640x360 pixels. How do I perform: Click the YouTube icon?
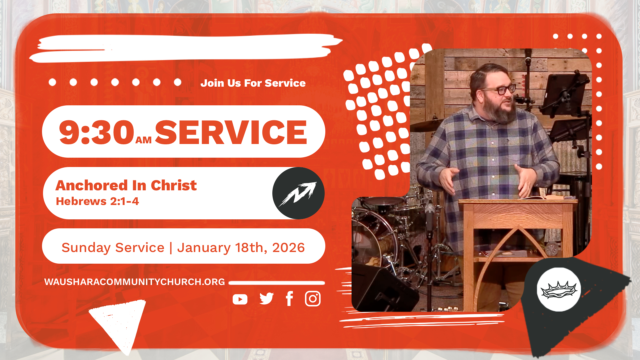pyautogui.click(x=240, y=299)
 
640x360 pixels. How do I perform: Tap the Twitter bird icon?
pyautogui.click(x=266, y=299)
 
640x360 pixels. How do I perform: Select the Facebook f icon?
pyautogui.click(x=289, y=299)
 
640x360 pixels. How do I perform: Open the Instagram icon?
pyautogui.click(x=313, y=299)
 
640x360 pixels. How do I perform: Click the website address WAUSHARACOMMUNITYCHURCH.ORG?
pyautogui.click(x=135, y=282)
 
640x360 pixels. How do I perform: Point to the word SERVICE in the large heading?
pyautogui.click(x=231, y=132)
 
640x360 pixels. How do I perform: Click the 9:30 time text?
pyautogui.click(x=97, y=132)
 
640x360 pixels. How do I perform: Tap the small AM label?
pyautogui.click(x=144, y=140)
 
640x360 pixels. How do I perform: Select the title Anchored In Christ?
pyautogui.click(x=126, y=185)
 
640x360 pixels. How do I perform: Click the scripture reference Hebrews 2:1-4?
pyautogui.click(x=97, y=201)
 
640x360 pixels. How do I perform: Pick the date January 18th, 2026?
pyautogui.click(x=241, y=248)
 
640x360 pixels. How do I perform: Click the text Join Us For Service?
pyautogui.click(x=253, y=83)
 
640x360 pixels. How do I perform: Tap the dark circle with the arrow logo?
pyautogui.click(x=298, y=193)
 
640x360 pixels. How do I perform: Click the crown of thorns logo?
pyautogui.click(x=559, y=290)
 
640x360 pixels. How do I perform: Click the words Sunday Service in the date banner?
pyautogui.click(x=113, y=248)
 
